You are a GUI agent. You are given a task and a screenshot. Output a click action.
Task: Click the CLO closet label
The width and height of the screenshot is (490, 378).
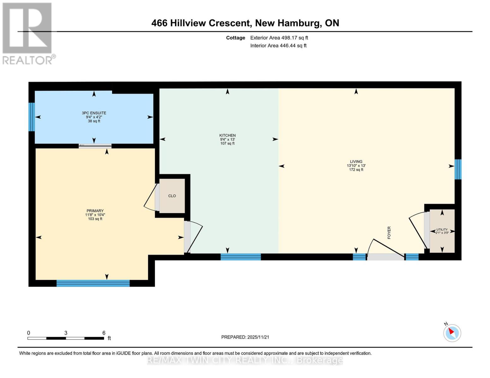pyautogui.click(x=172, y=196)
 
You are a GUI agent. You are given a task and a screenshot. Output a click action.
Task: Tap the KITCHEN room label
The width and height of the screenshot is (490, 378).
pyautogui.click(x=227, y=135)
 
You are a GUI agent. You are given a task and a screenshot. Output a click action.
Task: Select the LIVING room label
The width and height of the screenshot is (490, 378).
pyautogui.click(x=356, y=162)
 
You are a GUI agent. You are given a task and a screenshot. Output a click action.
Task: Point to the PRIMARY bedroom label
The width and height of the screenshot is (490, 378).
pyautogui.click(x=95, y=211)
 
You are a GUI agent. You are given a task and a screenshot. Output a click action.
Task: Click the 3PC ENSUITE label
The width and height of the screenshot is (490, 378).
pyautogui.click(x=94, y=113)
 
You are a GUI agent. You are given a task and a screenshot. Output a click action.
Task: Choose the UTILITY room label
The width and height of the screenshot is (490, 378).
pyautogui.click(x=442, y=230)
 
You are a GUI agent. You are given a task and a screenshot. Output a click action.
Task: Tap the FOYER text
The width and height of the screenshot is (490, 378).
pyautogui.click(x=389, y=232)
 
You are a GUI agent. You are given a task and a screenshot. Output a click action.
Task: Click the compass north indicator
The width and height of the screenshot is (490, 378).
pyautogui.click(x=452, y=332)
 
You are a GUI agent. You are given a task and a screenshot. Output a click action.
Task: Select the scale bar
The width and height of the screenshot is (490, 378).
pyautogui.click(x=66, y=338)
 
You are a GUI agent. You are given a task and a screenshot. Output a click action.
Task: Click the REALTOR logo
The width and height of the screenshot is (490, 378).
pyautogui.click(x=28, y=33)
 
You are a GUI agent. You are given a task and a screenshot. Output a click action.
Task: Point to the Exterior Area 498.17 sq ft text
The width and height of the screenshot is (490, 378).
pyautogui.click(x=279, y=38)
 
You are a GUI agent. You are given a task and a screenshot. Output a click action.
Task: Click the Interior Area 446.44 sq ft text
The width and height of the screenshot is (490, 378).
pyautogui.click(x=278, y=46)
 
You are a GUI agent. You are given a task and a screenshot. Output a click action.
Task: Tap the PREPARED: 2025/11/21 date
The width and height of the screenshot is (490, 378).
pyautogui.click(x=245, y=337)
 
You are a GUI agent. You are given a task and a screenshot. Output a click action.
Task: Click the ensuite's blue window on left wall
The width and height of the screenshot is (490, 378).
pyautogui.click(x=31, y=117)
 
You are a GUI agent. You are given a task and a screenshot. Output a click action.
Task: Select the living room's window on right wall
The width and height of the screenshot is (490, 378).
pyautogui.click(x=458, y=169)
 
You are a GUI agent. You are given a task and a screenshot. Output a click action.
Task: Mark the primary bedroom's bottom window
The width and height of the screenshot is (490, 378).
pyautogui.click(x=93, y=283)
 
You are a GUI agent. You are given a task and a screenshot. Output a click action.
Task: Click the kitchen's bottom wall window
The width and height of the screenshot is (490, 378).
pyautogui.click(x=241, y=257)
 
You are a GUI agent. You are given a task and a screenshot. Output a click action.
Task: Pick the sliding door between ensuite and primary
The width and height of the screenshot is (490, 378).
pyautogui.click(x=95, y=146)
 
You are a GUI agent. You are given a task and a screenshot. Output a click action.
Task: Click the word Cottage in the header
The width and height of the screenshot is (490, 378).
pyautogui.click(x=235, y=38)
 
